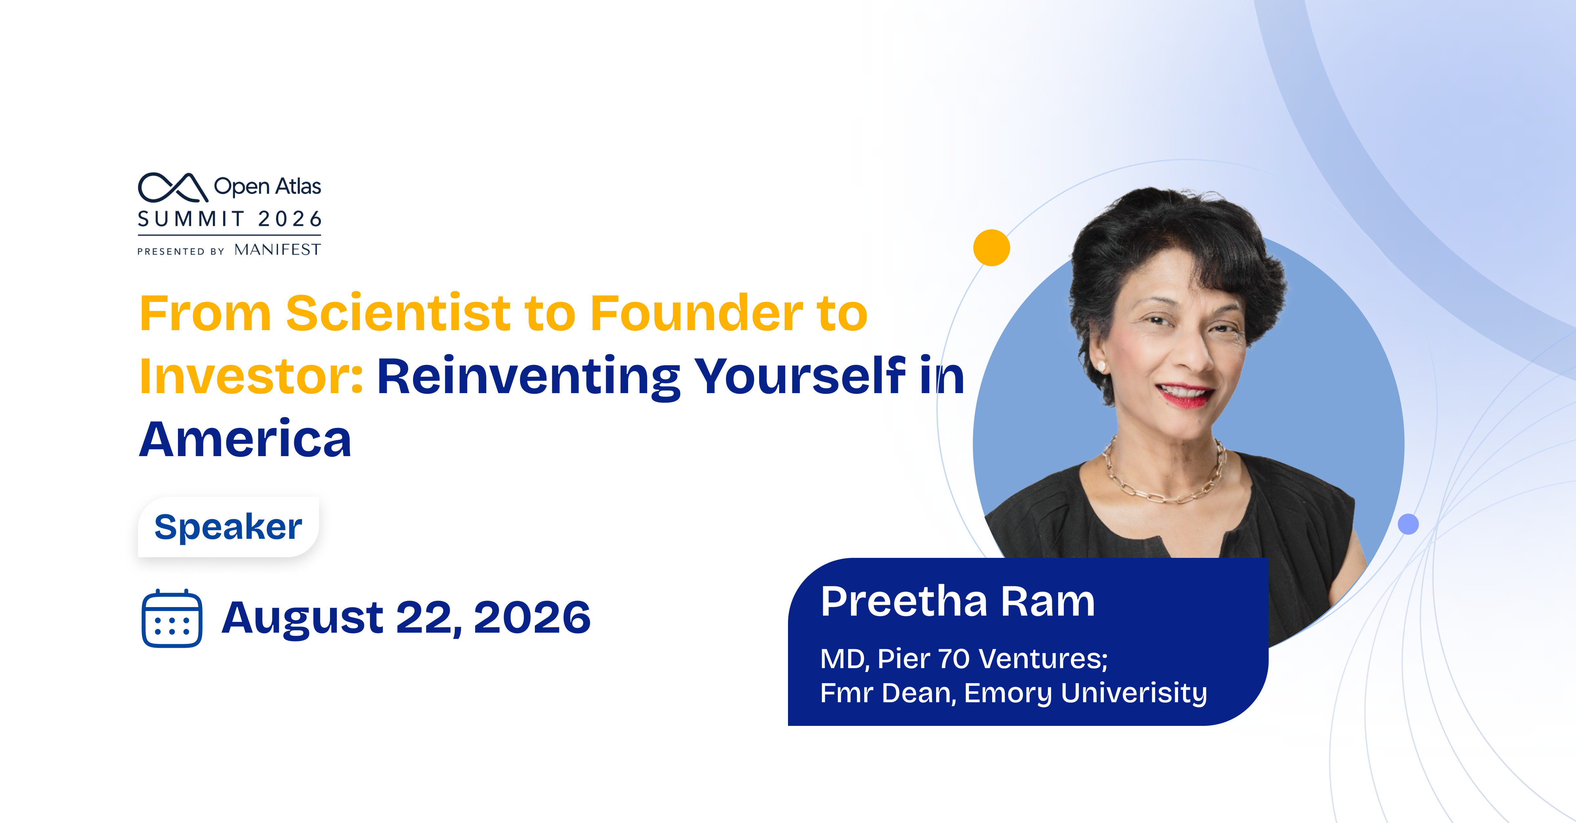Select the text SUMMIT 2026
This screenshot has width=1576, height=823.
tap(230, 219)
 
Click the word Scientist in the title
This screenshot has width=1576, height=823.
tap(398, 313)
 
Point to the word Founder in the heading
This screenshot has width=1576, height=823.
tap(696, 313)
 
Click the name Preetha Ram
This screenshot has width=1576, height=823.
tap(957, 601)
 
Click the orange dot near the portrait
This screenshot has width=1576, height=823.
tap(992, 248)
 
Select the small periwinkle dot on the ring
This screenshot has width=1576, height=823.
tap(1408, 524)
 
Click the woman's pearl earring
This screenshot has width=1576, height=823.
tap(1101, 366)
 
